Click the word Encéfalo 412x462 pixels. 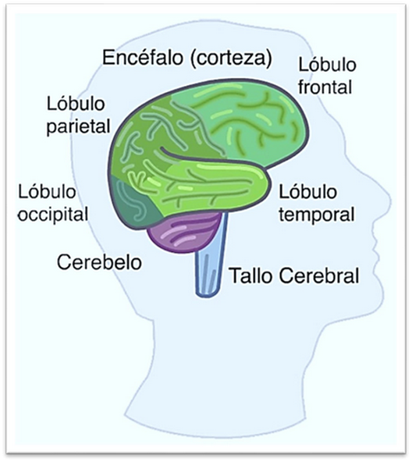pos(142,58)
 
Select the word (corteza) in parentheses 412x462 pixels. pos(231,59)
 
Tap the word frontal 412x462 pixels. pos(325,87)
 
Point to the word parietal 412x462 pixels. pos(78,126)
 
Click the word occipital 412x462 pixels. pos(53,214)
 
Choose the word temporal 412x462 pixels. pos(317,214)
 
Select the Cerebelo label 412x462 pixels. pos(99,262)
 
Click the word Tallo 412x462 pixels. pos(250,275)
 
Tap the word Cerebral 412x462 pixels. pos(319,275)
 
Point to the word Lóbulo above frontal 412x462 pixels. pos(327,64)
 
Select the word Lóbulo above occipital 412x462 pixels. pos(47,191)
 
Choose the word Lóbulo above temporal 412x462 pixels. pos(308,191)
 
